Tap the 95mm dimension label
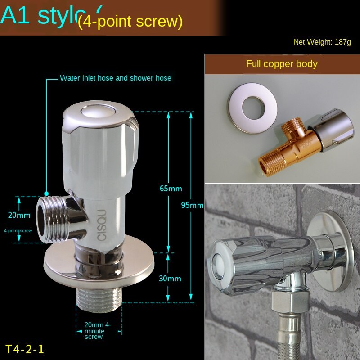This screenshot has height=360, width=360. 192,205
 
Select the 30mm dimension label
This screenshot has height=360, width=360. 170,279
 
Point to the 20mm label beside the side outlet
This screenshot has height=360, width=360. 18,215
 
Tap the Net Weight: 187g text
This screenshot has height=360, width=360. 322,42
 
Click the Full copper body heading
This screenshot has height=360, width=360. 282,64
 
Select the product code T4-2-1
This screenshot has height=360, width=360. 25,349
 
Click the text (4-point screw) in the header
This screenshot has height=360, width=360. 130,21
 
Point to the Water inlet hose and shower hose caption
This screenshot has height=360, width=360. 116,78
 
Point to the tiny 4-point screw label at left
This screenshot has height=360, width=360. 18,230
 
